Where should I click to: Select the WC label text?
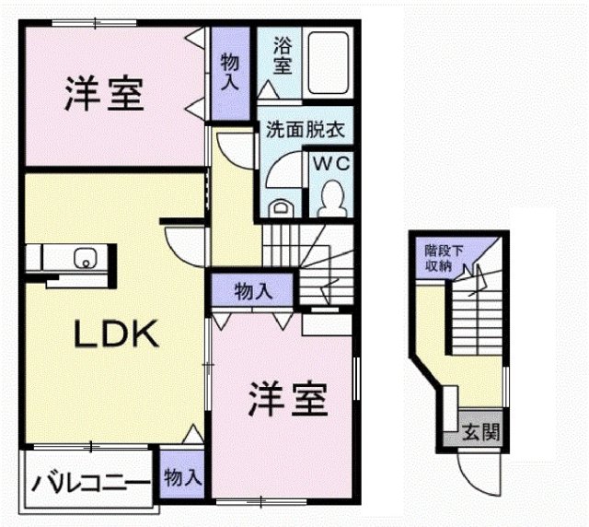329,163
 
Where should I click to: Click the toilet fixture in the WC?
329,194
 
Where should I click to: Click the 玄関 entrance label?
480,431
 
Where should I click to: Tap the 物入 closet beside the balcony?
182,476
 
